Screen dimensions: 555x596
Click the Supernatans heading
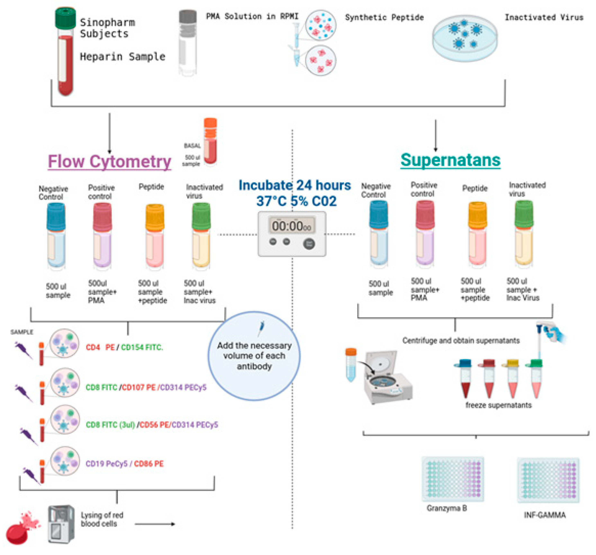tap(450, 160)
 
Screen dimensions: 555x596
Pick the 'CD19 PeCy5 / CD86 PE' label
tap(124, 464)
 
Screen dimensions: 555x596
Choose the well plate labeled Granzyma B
tap(453, 479)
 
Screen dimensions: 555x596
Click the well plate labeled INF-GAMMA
tap(548, 480)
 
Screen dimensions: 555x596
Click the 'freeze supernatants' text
tap(498, 405)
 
